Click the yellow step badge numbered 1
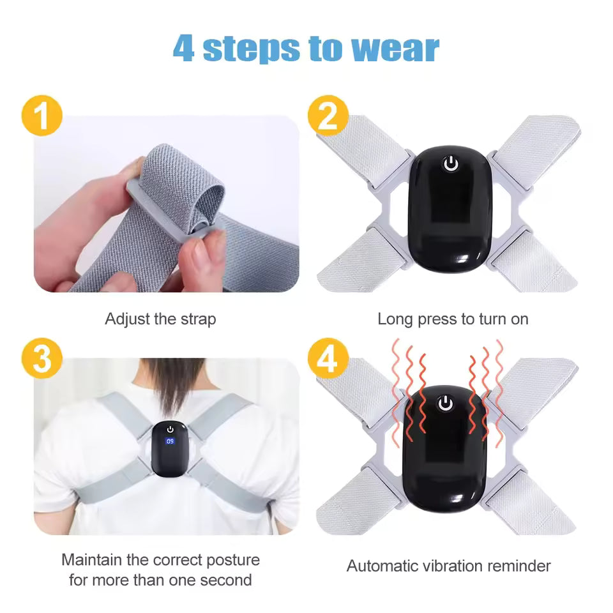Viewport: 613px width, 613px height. click(x=42, y=117)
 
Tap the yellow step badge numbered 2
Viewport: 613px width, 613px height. click(x=328, y=117)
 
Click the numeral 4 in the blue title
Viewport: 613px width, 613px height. click(x=184, y=49)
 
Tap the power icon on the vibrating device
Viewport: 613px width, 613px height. click(x=446, y=403)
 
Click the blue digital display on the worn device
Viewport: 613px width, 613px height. click(x=170, y=441)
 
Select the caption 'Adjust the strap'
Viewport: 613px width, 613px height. click(x=160, y=319)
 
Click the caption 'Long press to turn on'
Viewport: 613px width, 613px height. click(x=453, y=319)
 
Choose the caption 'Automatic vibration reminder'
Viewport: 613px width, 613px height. click(x=448, y=565)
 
